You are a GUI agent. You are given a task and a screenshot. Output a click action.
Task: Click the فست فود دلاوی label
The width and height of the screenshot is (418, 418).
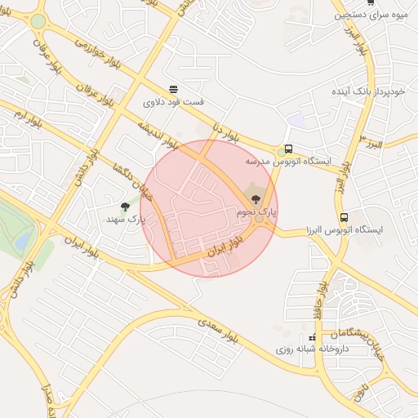173,103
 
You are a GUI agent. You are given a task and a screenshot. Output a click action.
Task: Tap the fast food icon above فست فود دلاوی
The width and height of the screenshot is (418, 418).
173,90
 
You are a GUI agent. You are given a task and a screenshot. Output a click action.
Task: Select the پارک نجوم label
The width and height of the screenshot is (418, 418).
256,211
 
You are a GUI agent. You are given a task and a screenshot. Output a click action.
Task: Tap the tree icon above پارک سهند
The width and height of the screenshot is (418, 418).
125,207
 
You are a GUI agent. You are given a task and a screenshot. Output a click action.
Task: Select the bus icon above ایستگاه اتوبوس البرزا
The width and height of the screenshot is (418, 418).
344,218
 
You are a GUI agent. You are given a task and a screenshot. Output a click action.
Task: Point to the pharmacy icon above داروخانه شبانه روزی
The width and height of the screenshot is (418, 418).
311,337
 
